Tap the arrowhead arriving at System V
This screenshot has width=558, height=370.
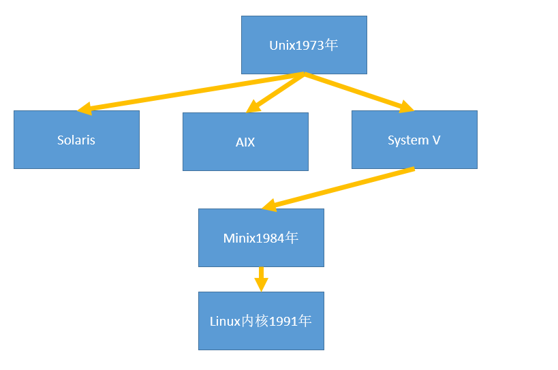point(406,106)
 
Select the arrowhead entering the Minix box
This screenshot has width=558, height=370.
point(270,204)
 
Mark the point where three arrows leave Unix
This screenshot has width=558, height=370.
point(304,74)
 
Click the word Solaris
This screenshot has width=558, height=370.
point(76,140)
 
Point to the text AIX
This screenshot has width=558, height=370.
point(245,142)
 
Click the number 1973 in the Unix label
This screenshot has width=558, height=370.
point(306,46)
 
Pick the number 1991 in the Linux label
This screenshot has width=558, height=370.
point(283,321)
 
